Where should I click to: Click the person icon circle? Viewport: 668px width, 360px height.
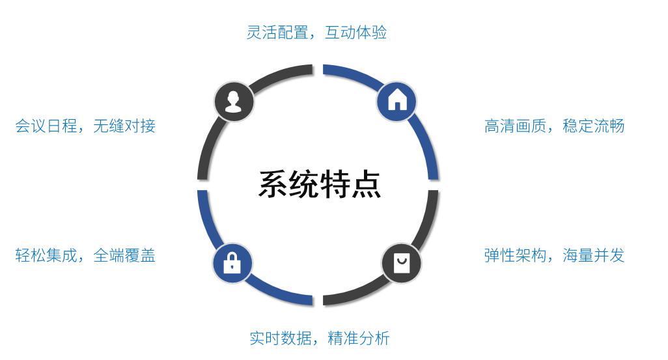pyautogui.click(x=234, y=102)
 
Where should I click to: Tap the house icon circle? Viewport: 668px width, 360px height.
pyautogui.click(x=397, y=101)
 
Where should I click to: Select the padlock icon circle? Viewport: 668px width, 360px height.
pyautogui.click(x=232, y=263)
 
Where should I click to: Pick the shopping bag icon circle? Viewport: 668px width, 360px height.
pyautogui.click(x=401, y=264)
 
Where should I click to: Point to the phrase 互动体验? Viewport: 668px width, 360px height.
pyautogui.click(x=356, y=33)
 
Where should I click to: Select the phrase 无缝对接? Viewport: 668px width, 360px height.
pyautogui.click(x=124, y=126)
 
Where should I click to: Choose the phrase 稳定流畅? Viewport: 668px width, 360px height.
pyautogui.click(x=594, y=126)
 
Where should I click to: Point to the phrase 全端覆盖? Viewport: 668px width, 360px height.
pyautogui.click(x=124, y=255)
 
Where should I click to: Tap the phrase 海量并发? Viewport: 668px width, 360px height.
pyautogui.click(x=594, y=255)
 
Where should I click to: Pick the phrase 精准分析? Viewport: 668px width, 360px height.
pyautogui.click(x=359, y=339)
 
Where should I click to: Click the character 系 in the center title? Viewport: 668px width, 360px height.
pyautogui.click(x=273, y=184)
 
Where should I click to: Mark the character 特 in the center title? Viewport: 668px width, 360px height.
pyautogui.click(x=335, y=184)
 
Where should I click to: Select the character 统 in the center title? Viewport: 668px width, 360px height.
pyautogui.click(x=304, y=184)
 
